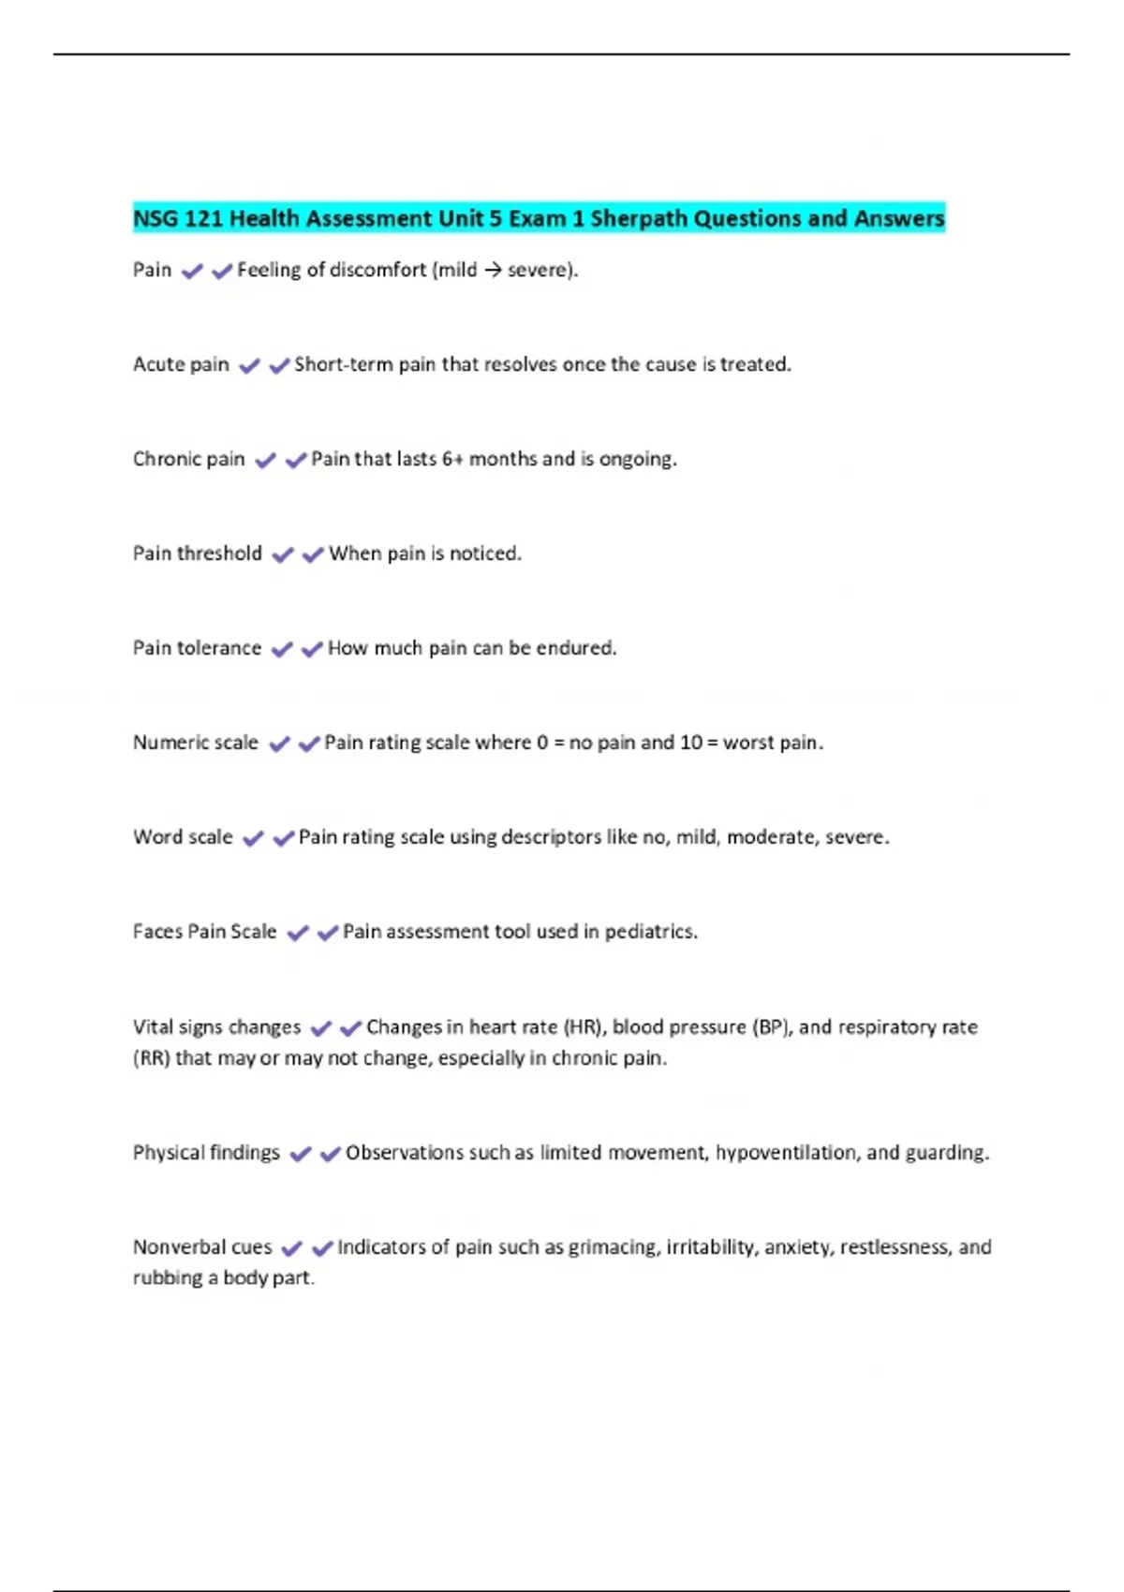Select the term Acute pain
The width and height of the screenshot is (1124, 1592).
(181, 364)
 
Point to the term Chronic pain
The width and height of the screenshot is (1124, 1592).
(188, 459)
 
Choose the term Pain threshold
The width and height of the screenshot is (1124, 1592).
(197, 553)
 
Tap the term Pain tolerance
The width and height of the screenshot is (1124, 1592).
(197, 648)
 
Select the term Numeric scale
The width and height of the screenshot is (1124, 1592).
(195, 743)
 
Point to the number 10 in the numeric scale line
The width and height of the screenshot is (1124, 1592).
(691, 743)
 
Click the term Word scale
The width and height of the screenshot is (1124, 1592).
(183, 837)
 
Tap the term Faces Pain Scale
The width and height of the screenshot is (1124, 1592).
(204, 932)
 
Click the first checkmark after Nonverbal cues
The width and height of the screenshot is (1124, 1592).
(292, 1248)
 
